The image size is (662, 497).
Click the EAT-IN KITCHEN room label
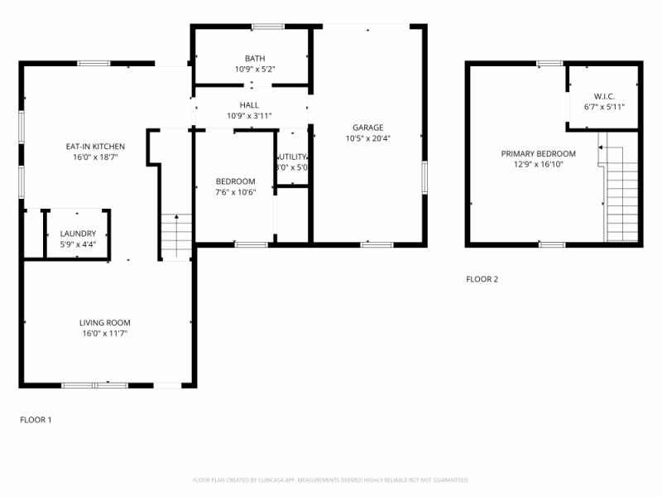coord(92,147)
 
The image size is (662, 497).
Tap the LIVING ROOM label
coord(104,322)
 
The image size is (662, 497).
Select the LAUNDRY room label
coord(78,234)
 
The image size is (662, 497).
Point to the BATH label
coord(254,58)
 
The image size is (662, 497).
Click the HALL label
coord(249,105)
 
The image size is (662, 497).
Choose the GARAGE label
coord(367,128)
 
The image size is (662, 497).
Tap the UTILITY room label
coord(292,157)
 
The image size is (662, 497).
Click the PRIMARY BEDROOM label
coord(538,153)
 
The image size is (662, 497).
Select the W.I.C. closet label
coord(604,96)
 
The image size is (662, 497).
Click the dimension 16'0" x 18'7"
coord(92,157)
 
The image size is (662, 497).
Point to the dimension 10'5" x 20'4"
coord(367,138)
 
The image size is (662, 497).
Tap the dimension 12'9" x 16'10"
coord(538,164)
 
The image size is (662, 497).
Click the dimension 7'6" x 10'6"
coord(235,192)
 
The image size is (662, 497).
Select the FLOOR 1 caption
coord(36,420)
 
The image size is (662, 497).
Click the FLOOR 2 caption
coord(482,279)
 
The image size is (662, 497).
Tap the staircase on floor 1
coord(176,236)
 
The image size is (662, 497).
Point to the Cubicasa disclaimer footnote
coord(331,480)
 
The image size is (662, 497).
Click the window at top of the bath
coord(268,27)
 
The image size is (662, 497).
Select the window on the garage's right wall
coord(425,177)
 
